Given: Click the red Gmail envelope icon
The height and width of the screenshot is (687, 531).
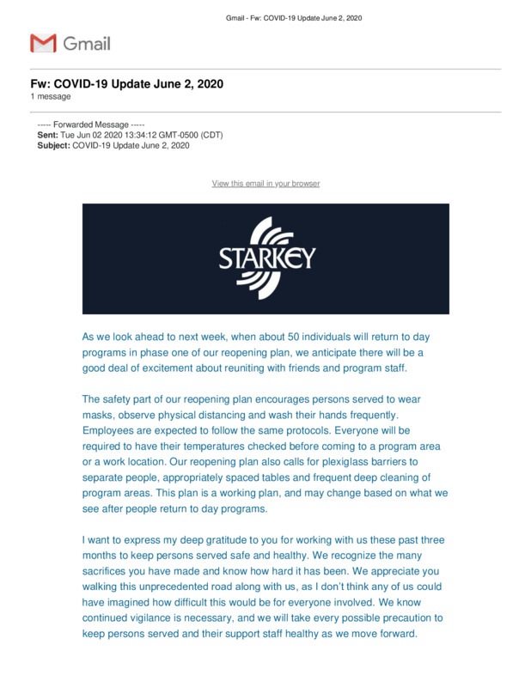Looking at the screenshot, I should tap(43, 43).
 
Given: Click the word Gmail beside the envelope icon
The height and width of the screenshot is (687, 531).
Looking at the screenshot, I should tap(87, 43).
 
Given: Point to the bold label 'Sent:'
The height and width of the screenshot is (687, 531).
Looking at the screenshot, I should tap(47, 136).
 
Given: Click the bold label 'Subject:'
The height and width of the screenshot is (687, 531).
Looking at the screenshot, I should tap(53, 146).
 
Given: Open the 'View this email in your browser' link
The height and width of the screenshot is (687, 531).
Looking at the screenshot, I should tap(265, 184).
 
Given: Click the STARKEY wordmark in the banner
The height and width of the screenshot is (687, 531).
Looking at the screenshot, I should tap(266, 258).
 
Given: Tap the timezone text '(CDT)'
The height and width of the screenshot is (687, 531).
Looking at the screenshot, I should tap(211, 136).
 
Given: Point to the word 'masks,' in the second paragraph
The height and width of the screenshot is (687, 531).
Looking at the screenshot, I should tap(100, 416).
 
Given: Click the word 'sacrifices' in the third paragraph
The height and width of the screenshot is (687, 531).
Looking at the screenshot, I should tap(109, 571).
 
